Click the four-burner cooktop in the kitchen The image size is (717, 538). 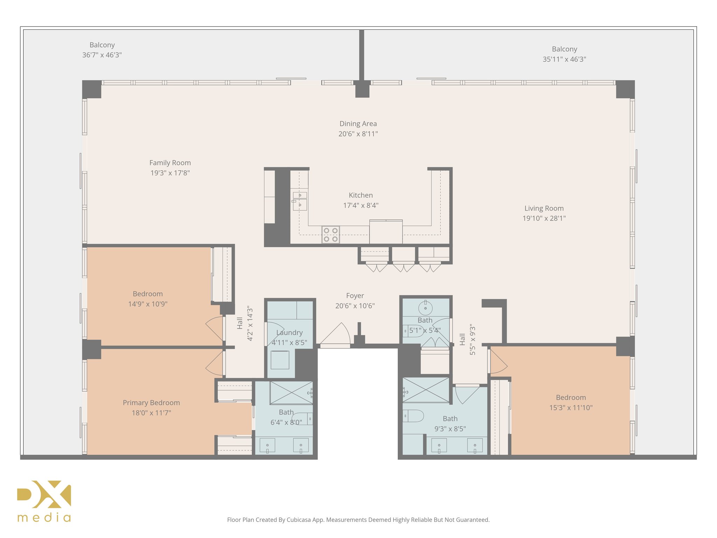coord(330,235)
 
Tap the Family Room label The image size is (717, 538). coord(170,163)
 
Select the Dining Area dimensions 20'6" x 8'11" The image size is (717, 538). coord(358,134)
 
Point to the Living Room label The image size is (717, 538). coord(544,208)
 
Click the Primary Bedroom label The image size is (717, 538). coord(151,403)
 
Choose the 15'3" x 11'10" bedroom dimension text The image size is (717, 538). coord(571,408)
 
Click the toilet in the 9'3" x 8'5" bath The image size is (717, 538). coord(413,416)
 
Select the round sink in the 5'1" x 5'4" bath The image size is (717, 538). coord(425,308)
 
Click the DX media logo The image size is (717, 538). coord(44,501)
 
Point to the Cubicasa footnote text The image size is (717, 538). coord(358,520)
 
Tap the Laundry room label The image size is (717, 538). coord(290,333)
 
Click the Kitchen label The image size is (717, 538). coord(361,195)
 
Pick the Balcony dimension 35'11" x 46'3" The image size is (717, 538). coord(564,59)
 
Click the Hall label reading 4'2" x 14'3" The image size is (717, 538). coord(245,323)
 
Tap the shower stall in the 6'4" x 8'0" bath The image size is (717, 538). coord(291,393)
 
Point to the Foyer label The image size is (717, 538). coord(355,296)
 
